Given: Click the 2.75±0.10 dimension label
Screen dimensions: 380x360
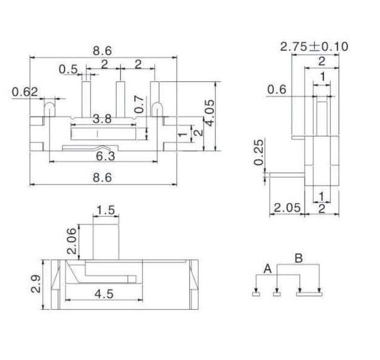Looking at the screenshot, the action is pyautogui.click(x=314, y=46).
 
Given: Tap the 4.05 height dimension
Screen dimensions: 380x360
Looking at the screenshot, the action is pyautogui.click(x=210, y=113).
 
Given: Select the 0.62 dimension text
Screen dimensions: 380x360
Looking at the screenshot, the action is pyautogui.click(x=25, y=92).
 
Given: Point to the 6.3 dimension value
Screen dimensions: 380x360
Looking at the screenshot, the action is pyautogui.click(x=105, y=156).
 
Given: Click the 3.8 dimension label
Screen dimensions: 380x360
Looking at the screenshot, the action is pyautogui.click(x=102, y=119).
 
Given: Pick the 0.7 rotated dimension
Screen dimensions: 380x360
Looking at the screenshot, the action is pyautogui.click(x=139, y=105).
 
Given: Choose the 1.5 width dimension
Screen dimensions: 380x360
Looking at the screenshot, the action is pyautogui.click(x=106, y=210).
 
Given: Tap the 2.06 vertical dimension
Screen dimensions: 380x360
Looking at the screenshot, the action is pyautogui.click(x=72, y=240).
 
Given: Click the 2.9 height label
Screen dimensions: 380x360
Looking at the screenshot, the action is pyautogui.click(x=36, y=284).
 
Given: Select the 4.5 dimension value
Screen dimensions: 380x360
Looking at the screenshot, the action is pyautogui.click(x=104, y=294).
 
